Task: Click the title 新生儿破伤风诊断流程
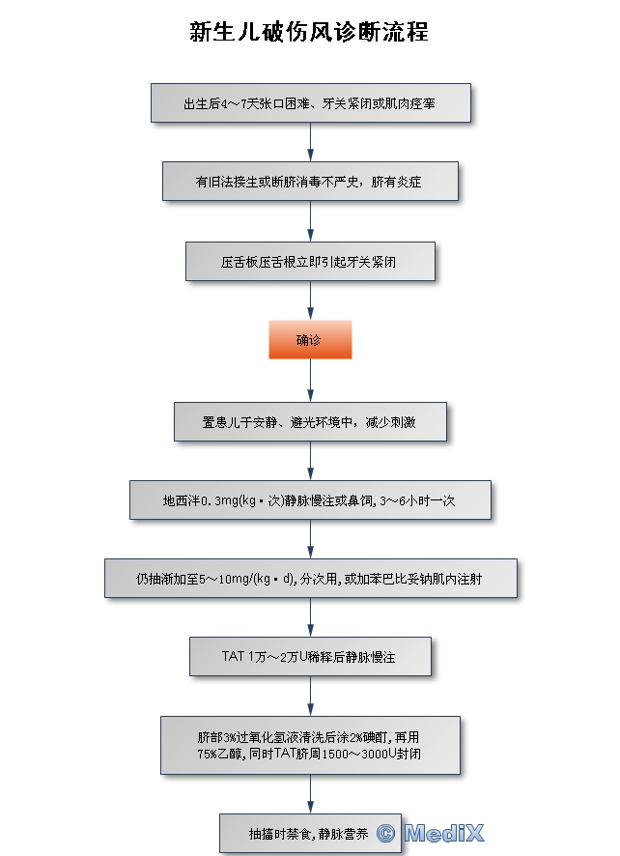(309, 32)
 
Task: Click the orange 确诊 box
(309, 340)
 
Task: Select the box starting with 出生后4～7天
(310, 102)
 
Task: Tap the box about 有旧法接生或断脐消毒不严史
(309, 181)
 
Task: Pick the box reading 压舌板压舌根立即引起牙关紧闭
(309, 261)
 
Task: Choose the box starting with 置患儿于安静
(309, 421)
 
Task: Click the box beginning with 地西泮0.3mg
(309, 499)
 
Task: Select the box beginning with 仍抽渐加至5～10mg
(309, 579)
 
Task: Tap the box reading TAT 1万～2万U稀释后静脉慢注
(309, 657)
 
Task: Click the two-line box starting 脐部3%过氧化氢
(309, 744)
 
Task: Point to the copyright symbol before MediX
(386, 833)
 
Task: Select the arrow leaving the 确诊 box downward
(310, 381)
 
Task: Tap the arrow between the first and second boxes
(310, 142)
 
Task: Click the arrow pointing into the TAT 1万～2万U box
(310, 618)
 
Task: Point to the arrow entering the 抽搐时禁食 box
(310, 794)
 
